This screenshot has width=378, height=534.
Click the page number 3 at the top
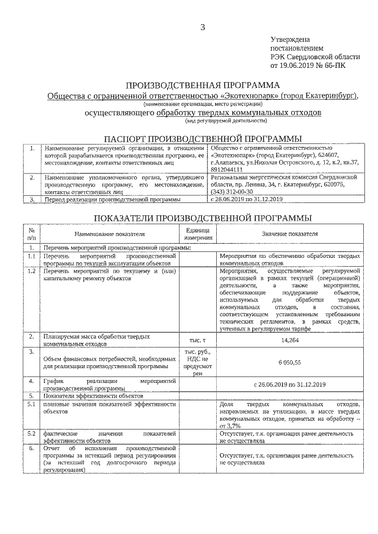[203, 27]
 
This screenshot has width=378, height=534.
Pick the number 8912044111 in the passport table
[229, 169]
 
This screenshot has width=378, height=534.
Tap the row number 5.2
[31, 434]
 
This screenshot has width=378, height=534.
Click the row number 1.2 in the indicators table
[31, 271]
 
